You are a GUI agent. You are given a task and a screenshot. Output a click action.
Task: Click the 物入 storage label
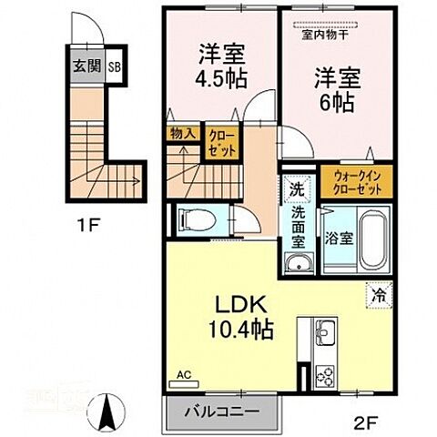182,133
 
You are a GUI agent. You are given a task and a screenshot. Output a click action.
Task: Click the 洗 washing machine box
297,191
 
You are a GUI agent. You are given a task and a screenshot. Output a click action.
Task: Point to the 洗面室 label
297,229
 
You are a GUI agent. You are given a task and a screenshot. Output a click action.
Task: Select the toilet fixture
196,219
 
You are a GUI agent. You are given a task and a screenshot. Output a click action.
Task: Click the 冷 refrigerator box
378,294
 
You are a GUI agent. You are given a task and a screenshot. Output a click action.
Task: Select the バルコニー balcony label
218,412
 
